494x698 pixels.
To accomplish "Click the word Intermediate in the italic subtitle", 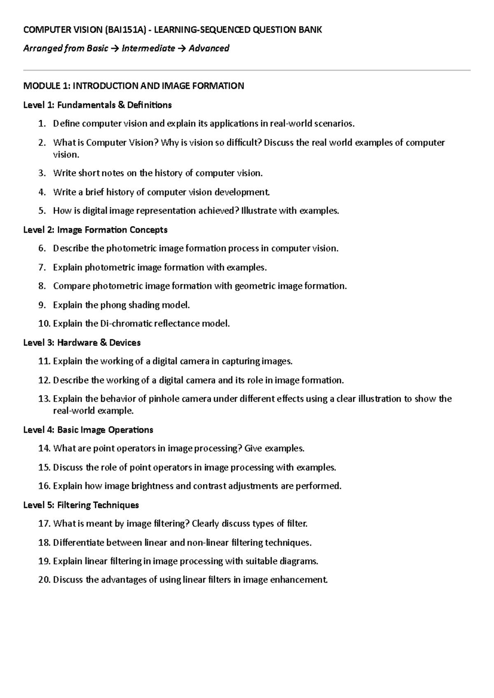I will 148,49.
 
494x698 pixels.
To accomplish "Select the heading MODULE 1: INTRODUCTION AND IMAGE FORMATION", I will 133,86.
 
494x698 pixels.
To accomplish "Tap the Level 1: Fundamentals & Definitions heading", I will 97,105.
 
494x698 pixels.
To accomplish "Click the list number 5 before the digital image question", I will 41,211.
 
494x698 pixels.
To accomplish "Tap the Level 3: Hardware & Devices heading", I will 82,342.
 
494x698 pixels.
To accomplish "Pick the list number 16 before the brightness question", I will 44,486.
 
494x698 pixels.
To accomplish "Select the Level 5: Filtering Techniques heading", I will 81,505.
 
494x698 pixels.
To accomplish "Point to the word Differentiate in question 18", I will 78,542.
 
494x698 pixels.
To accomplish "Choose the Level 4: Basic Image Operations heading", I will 88,430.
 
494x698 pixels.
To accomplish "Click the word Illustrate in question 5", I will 259,211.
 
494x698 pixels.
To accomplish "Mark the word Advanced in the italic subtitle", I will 209,49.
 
